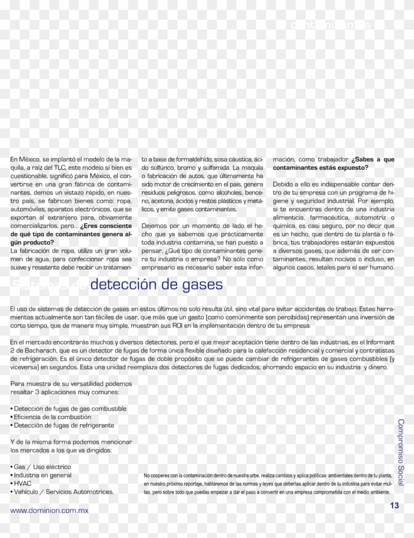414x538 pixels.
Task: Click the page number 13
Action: (394, 505)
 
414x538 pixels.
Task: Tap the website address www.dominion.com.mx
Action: (49, 510)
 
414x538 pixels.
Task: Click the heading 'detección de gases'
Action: (157, 284)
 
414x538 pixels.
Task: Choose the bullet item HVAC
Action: (22, 484)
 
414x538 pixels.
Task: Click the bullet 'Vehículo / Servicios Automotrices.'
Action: (64, 492)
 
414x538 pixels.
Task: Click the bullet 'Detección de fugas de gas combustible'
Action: (69, 409)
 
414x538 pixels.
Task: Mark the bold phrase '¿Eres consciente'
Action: (106, 226)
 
